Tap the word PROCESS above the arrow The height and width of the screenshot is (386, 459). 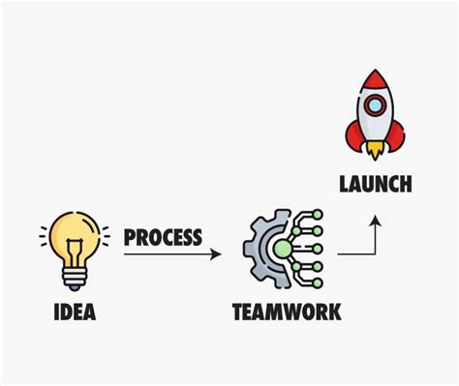click(163, 237)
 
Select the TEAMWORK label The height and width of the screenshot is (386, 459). click(286, 312)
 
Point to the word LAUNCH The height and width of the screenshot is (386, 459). click(376, 183)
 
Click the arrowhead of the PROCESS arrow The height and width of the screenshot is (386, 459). click(216, 254)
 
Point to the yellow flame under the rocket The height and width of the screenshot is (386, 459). click(376, 153)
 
